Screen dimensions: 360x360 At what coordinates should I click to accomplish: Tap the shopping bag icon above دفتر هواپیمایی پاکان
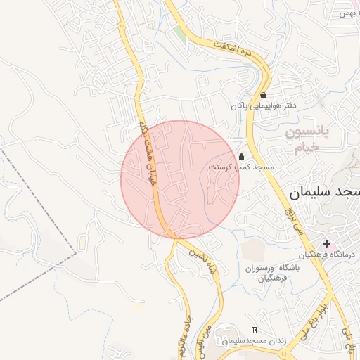[x=263, y=95]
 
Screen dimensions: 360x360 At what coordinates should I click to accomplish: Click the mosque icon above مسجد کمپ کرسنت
[x=242, y=156]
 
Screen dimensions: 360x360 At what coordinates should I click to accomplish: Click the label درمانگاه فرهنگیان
[x=328, y=254]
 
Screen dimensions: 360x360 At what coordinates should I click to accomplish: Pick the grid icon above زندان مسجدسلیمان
[x=254, y=330]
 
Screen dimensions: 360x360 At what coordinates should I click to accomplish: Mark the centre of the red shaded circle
[x=180, y=179]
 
